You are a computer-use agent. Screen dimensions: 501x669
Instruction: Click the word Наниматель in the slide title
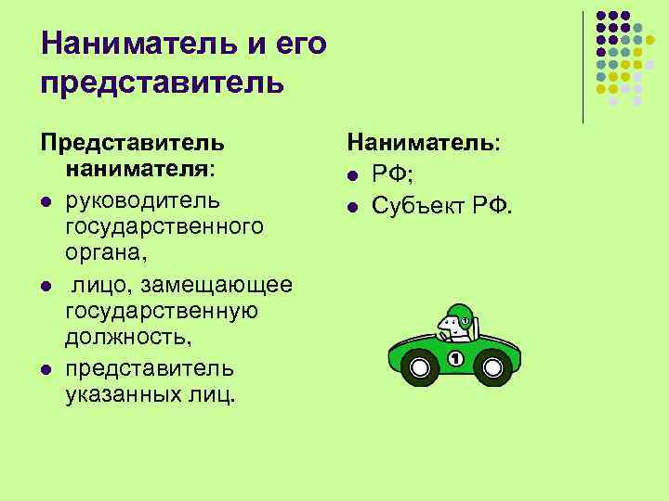click(129, 44)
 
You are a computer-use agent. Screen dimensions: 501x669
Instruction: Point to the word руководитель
click(143, 199)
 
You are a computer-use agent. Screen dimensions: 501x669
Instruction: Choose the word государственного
click(164, 226)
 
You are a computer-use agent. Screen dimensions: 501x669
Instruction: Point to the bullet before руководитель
click(44, 202)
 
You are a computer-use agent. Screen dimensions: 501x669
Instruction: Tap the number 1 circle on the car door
click(455, 358)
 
